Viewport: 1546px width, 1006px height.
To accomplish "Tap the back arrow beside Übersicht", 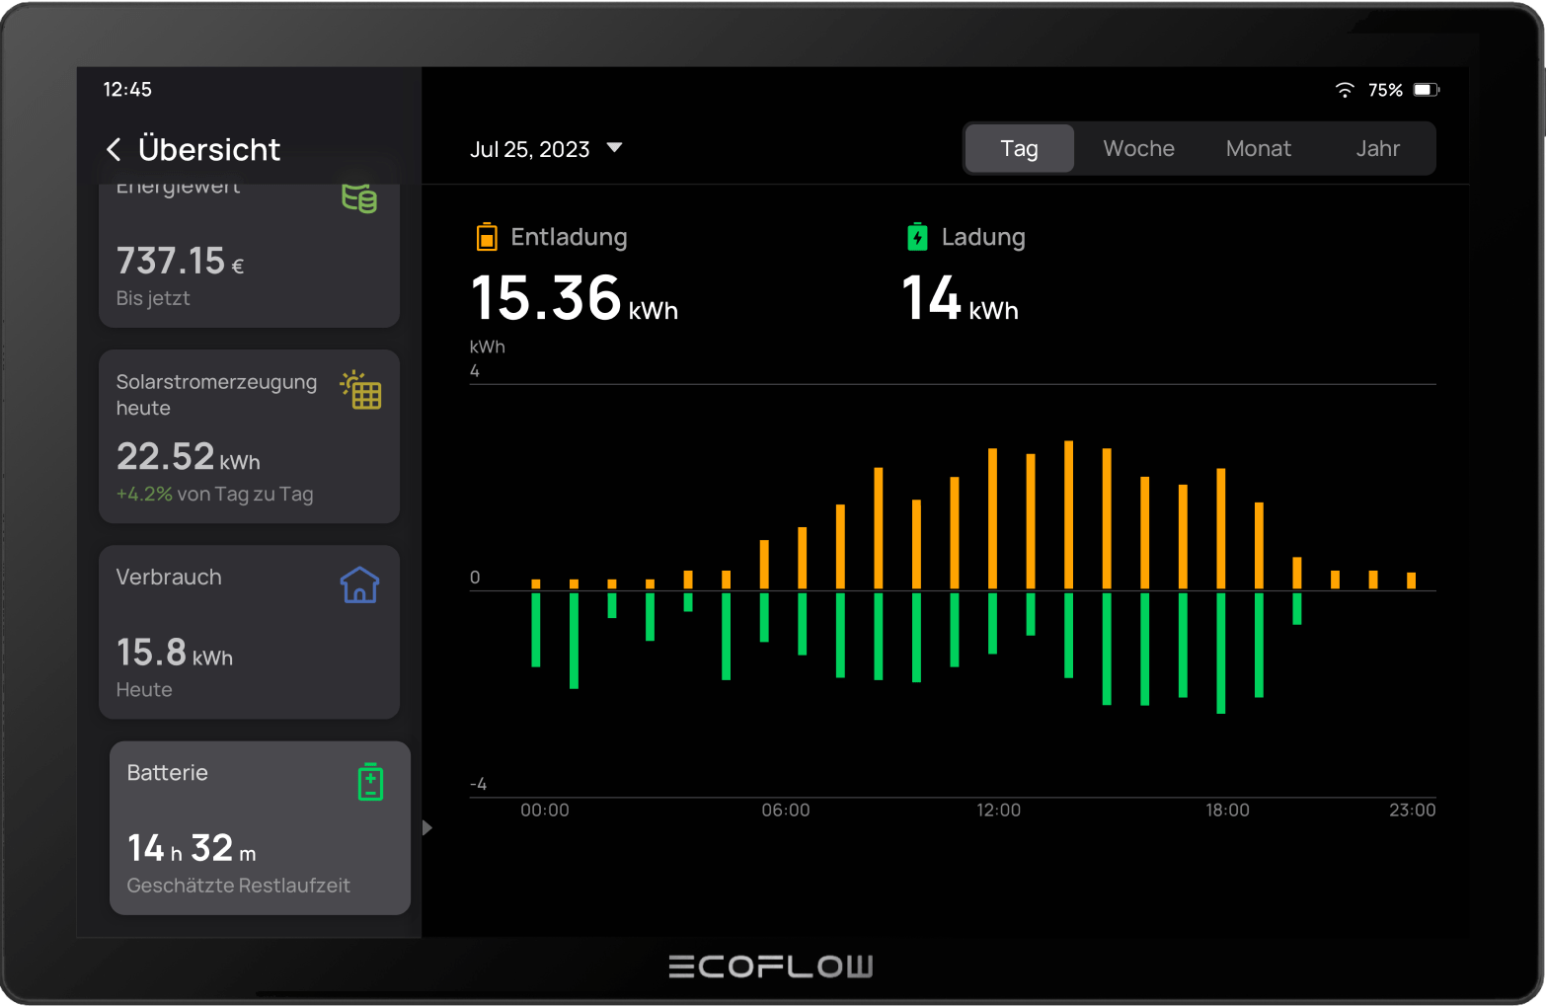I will (x=115, y=149).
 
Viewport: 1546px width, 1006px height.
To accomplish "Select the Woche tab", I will (x=1138, y=148).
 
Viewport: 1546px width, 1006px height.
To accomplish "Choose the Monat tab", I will (x=1258, y=148).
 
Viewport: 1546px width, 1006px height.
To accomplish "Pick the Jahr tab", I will (x=1377, y=148).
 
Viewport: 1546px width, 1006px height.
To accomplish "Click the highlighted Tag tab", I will (x=1019, y=148).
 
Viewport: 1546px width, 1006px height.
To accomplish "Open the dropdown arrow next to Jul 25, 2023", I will (x=614, y=148).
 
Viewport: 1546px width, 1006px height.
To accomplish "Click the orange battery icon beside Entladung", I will (x=487, y=237).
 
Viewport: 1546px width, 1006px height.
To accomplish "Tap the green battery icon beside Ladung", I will (x=917, y=237).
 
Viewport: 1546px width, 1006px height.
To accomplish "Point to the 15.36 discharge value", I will (x=546, y=298).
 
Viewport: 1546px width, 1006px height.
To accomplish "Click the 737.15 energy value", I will (x=171, y=262).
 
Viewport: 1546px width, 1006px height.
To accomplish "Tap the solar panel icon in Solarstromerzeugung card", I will (x=361, y=390).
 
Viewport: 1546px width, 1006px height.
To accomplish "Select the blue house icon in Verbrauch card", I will (x=359, y=585).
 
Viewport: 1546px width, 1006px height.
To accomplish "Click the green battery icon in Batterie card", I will (x=370, y=782).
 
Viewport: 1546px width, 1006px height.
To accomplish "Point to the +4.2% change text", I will (x=144, y=495).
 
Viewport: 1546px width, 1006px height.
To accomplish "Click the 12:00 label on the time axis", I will (x=998, y=811).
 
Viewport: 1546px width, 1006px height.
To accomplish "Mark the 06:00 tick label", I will (x=786, y=811).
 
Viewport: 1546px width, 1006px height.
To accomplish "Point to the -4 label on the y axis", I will (x=479, y=785).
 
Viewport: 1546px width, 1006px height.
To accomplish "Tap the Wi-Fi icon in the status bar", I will (x=1345, y=90).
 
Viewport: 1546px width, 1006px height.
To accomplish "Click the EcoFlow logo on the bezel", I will (x=771, y=967).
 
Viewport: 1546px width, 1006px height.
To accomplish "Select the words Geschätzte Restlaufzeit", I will (x=238, y=886).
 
